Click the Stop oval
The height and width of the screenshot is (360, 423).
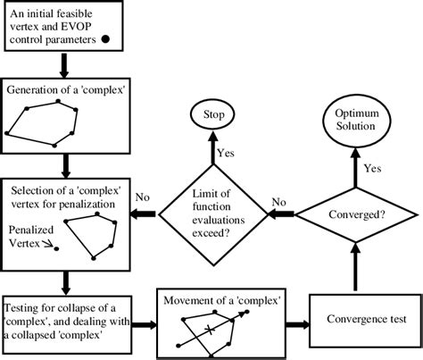(x=211, y=117)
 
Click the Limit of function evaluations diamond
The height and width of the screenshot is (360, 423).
(x=212, y=214)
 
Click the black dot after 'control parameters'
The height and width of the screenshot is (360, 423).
(x=105, y=39)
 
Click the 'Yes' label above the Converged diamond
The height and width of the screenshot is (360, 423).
(x=373, y=167)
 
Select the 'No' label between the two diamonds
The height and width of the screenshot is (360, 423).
(x=280, y=202)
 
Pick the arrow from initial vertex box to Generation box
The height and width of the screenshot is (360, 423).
(x=63, y=64)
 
